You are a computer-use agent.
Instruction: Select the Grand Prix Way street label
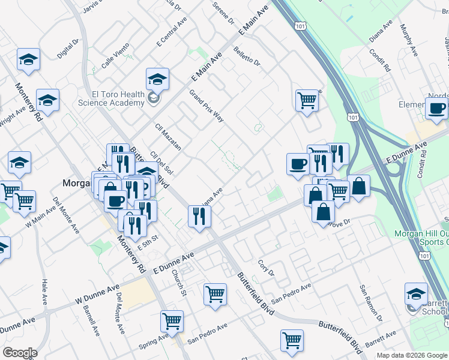pyautogui.click(x=206, y=106)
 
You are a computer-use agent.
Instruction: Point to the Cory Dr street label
pyautogui.click(x=265, y=268)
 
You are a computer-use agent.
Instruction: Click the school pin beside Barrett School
pyautogui.click(x=416, y=293)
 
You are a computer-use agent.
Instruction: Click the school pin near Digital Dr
pyautogui.click(x=28, y=59)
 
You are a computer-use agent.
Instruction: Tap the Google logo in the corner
pyautogui.click(x=20, y=352)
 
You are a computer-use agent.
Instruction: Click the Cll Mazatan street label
pyautogui.click(x=167, y=137)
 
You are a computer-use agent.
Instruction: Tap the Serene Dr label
pyautogui.click(x=223, y=12)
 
